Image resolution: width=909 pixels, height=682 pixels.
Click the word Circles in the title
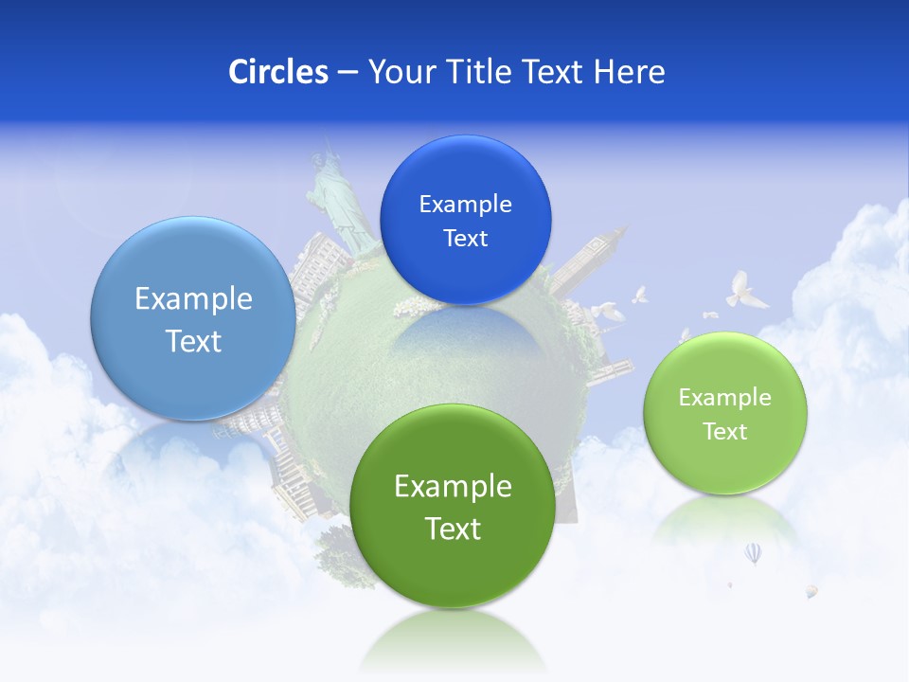point(277,72)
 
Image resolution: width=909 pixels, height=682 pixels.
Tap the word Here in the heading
point(629,72)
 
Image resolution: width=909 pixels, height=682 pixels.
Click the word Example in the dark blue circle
point(465,205)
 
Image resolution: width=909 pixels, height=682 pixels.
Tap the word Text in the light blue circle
point(193,341)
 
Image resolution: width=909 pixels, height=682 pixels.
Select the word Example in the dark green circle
point(453,486)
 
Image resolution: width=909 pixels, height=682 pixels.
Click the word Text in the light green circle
point(725,432)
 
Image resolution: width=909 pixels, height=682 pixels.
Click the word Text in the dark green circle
point(453,529)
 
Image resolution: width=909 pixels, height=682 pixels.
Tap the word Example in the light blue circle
point(193,299)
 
